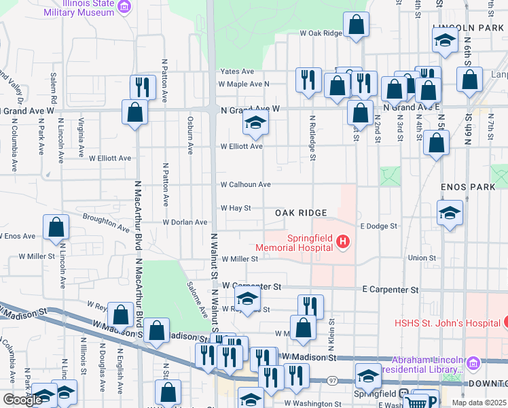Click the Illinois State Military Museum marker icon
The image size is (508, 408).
point(124,7)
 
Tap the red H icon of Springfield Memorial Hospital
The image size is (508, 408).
point(343,241)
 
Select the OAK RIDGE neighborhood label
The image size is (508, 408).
point(301,213)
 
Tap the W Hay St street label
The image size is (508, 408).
point(235,208)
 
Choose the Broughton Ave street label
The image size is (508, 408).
point(106,218)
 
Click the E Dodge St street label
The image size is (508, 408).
point(378,225)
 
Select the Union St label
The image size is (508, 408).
point(422,258)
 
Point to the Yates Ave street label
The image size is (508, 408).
point(237,71)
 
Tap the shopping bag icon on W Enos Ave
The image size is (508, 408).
point(57,228)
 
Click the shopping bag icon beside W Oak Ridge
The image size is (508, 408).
point(355,26)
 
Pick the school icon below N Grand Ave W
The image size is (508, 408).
point(255,122)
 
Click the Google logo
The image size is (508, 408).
point(22,400)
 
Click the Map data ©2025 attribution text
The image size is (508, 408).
point(479,403)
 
